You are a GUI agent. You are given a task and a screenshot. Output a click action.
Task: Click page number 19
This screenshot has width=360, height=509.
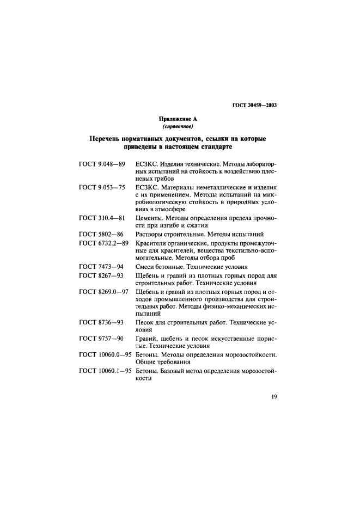(274, 396)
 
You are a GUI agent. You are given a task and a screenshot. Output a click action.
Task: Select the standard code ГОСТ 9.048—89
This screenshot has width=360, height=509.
(102, 163)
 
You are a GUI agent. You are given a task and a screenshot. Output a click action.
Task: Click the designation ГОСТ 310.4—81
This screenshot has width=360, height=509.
(102, 218)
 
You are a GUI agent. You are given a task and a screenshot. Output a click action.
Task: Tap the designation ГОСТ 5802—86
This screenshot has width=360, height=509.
(100, 234)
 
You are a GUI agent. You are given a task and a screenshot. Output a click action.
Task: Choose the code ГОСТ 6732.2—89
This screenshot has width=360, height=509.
(104, 243)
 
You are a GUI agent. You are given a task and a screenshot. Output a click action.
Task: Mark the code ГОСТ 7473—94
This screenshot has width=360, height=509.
(100, 267)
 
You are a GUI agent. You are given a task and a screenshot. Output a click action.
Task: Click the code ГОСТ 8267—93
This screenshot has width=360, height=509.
(100, 276)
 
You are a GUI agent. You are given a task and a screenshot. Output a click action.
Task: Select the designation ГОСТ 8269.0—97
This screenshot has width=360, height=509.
(104, 292)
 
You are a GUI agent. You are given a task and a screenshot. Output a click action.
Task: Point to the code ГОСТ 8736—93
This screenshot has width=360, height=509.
(100, 323)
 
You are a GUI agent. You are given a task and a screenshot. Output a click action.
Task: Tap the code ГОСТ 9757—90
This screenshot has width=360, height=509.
(100, 339)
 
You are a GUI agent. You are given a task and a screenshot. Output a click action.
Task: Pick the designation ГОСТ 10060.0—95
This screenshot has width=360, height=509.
(106, 355)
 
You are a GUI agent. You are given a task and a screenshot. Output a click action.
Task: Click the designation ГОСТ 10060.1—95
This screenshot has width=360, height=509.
(106, 371)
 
